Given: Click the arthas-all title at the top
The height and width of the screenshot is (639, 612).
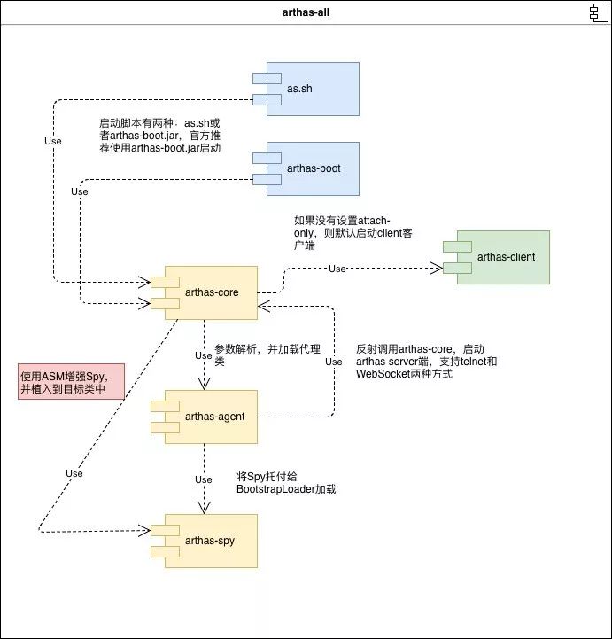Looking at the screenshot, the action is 306,12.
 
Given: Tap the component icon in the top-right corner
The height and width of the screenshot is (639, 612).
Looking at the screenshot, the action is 599,12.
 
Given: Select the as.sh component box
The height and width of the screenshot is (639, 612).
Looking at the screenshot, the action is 306,89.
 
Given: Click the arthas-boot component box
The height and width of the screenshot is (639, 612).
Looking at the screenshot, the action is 306,168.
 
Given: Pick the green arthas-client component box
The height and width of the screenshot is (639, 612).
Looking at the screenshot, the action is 496,257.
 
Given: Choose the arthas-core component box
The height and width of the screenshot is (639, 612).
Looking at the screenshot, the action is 204,292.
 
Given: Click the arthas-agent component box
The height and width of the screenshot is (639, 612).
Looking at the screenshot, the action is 204,417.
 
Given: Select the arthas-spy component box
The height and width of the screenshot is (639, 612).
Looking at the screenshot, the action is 204,541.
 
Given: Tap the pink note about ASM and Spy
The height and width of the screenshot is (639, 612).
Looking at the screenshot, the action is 71,381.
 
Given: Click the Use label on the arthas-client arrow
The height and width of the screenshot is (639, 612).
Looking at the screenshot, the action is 337,269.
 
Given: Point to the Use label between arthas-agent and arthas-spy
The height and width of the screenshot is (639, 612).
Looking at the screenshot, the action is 203,479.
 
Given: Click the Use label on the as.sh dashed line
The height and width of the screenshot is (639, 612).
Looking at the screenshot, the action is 53,141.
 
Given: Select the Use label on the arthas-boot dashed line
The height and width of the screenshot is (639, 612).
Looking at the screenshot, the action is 80,191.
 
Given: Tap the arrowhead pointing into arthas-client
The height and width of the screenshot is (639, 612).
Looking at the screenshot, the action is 438,269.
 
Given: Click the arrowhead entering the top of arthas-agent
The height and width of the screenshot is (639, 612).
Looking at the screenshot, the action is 204,384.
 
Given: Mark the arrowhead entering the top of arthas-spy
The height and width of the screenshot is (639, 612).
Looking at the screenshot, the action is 204,508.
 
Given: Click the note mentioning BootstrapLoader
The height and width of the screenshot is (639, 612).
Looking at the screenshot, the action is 286,483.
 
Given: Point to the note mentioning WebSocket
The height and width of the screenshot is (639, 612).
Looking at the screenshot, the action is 426,362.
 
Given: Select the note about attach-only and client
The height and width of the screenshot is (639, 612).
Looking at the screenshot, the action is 353,233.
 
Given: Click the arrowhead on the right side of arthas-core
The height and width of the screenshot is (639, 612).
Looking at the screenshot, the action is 264,307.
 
